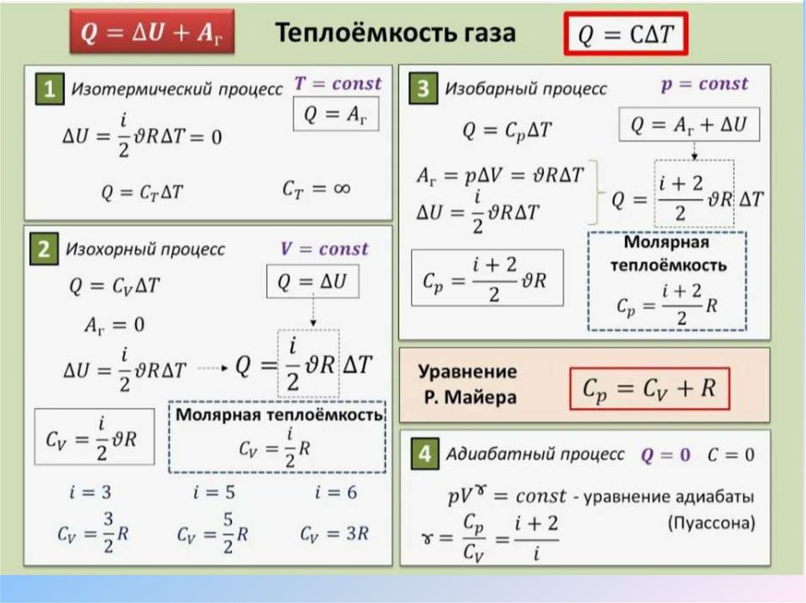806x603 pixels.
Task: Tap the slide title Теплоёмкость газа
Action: [x=395, y=33]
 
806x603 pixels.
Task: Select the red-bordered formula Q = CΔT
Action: [x=626, y=35]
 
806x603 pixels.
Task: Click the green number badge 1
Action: [x=49, y=91]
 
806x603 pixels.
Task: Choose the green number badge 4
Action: [x=424, y=454]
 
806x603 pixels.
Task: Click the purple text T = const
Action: [x=338, y=83]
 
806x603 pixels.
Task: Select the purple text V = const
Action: [x=324, y=249]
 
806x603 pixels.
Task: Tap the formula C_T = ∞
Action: [x=316, y=189]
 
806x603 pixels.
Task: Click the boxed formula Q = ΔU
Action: [x=312, y=281]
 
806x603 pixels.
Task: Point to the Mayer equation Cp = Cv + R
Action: [x=649, y=388]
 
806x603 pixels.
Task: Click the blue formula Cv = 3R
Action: [x=334, y=534]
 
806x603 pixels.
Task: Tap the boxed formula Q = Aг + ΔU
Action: [x=688, y=124]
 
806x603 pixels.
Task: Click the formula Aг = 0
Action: [x=115, y=324]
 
